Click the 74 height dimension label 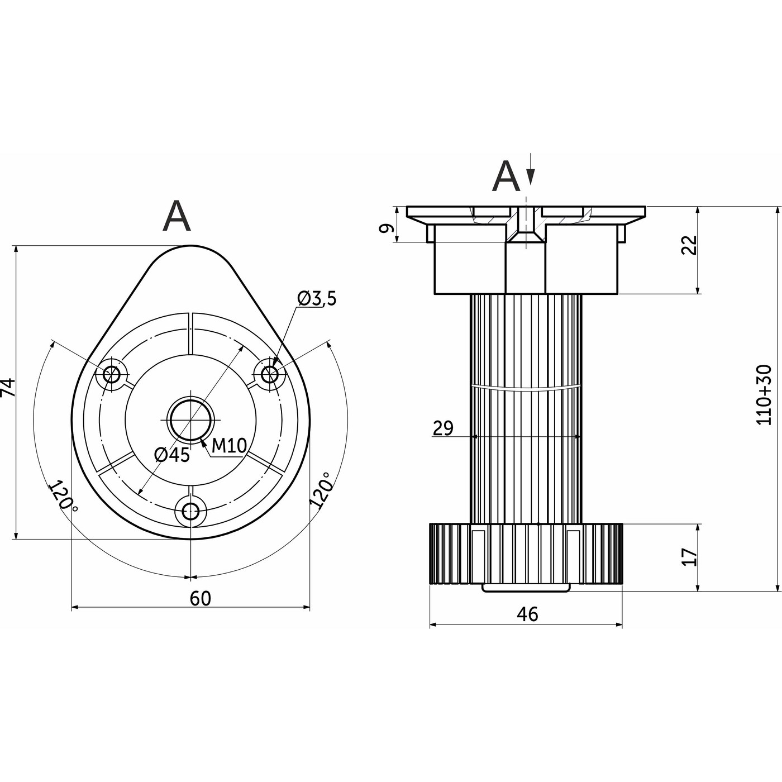[x=8, y=387]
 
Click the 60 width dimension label [x=201, y=598]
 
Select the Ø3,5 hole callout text [x=317, y=299]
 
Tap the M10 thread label [x=229, y=446]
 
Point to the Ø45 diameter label [x=172, y=455]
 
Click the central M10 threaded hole [x=191, y=419]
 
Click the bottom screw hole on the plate [x=191, y=510]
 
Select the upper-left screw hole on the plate [x=112, y=374]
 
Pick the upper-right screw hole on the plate [x=270, y=374]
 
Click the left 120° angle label [x=63, y=495]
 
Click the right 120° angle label [x=321, y=490]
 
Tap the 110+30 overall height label [x=764, y=394]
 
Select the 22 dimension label [x=690, y=245]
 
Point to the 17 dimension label [x=690, y=557]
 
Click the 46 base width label [x=527, y=614]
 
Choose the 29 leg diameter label [x=443, y=428]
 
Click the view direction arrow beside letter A [x=530, y=170]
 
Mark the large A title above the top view [x=177, y=217]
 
